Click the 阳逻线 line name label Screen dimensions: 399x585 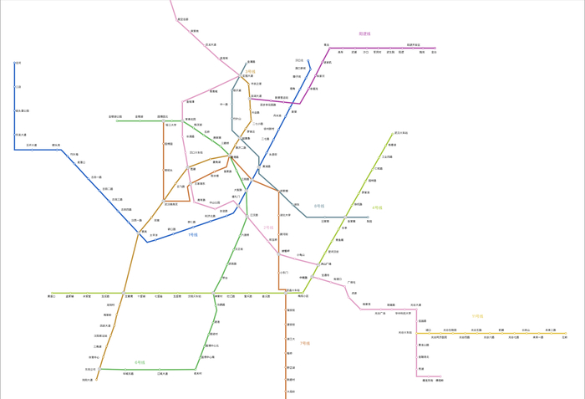[x=364, y=33]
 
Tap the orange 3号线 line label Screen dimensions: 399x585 [x=250, y=72]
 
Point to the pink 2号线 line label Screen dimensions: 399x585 [x=268, y=227]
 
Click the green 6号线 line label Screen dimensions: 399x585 [x=140, y=362]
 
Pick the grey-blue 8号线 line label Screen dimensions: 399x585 [x=319, y=206]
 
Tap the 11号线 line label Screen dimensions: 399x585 [x=477, y=316]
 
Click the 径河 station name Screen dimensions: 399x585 [x=18, y=63]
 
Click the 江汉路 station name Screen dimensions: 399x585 [x=253, y=215]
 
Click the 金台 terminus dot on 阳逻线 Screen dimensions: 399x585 [x=435, y=49]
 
